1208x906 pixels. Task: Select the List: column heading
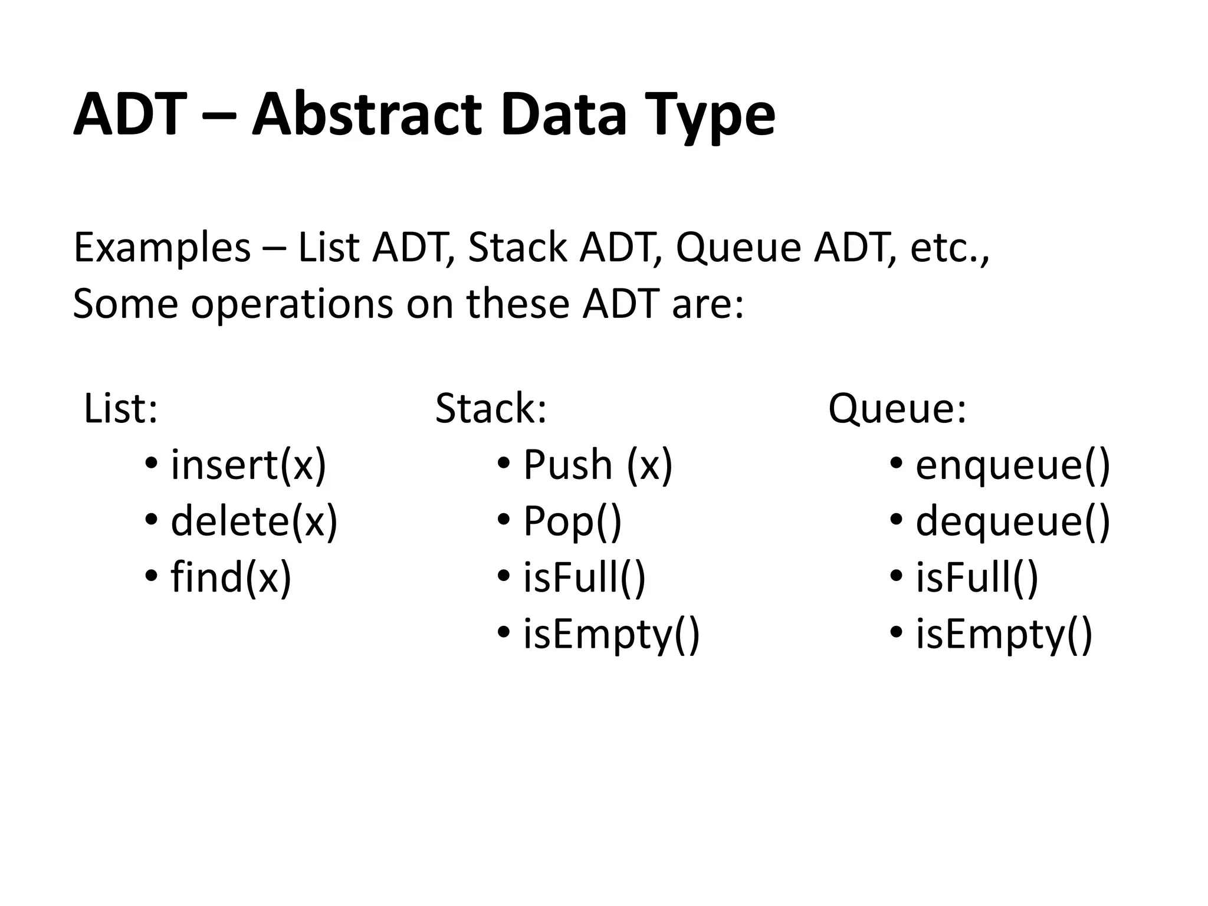click(x=121, y=408)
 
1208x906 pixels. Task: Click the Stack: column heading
click(x=491, y=408)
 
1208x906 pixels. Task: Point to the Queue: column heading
click(x=897, y=408)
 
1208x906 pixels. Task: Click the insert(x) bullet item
click(x=248, y=465)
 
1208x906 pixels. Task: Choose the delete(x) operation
click(x=254, y=521)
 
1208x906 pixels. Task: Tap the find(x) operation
click(x=231, y=577)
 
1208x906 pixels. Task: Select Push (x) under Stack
click(x=598, y=465)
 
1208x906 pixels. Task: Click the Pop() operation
click(x=572, y=521)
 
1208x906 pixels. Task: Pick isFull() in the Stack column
click(x=584, y=577)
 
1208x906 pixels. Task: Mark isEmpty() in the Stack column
click(x=611, y=634)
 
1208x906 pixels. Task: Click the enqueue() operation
click(x=1013, y=465)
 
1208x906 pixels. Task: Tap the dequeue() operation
click(x=1013, y=521)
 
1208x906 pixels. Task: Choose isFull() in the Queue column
click(x=976, y=577)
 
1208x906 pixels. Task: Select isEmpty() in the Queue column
click(x=1004, y=634)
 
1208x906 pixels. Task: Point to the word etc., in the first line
click(x=949, y=248)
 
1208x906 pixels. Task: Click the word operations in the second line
click(x=292, y=304)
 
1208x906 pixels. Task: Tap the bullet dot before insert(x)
click(x=151, y=464)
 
